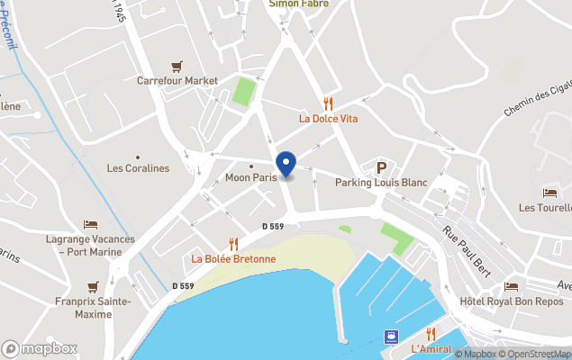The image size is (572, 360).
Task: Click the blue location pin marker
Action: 286,165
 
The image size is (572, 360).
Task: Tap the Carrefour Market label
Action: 177,80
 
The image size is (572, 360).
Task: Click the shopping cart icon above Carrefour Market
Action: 177,66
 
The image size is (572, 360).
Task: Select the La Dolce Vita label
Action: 328,117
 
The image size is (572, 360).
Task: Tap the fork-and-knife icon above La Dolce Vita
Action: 328,103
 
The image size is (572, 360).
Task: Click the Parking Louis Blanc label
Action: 381,183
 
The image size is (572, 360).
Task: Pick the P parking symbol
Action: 381,167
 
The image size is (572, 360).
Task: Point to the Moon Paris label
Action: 250,178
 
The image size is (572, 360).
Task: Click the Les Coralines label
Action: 138,168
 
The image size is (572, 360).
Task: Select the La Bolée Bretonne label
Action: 233,259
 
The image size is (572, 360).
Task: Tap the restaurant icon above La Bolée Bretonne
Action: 233,244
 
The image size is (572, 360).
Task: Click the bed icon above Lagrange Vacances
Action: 90,224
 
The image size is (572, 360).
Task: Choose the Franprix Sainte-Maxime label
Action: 93,308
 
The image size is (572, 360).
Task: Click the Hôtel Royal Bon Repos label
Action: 511,301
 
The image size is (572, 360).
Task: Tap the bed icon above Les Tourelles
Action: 549,193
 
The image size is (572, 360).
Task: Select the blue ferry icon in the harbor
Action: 391,337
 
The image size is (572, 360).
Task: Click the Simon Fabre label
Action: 298,4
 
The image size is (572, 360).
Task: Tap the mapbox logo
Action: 40,348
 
